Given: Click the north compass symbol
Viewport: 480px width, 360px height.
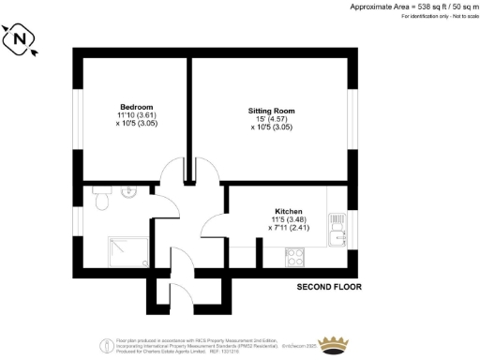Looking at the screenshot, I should click(21, 40).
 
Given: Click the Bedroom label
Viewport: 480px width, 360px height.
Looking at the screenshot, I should click(136, 106).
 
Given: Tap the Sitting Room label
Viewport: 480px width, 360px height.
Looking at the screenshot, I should click(273, 111).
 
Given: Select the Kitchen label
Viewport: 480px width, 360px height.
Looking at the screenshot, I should click(289, 211).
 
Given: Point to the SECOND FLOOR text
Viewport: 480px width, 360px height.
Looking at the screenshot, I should click(329, 286).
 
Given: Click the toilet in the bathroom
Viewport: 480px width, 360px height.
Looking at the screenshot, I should click(103, 197).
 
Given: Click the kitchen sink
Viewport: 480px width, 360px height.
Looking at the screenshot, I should click(337, 225).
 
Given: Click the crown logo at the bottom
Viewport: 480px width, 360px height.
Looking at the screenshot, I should click(334, 342).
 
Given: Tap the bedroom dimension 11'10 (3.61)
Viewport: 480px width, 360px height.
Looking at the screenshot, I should click(136, 115).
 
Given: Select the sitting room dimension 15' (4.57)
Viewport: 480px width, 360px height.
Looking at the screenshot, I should click(272, 120).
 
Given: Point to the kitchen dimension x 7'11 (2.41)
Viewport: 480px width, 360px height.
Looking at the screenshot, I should click(289, 228).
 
